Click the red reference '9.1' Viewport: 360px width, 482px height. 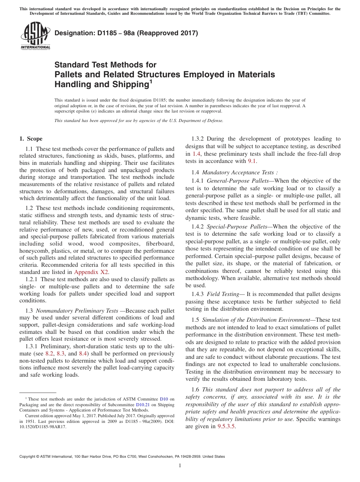point(252,161)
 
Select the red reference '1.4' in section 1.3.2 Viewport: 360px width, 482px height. point(196,154)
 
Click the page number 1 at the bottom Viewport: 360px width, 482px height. point(180,465)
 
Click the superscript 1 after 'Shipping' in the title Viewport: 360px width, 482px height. point(150,81)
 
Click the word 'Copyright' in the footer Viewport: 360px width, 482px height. point(27,457)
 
